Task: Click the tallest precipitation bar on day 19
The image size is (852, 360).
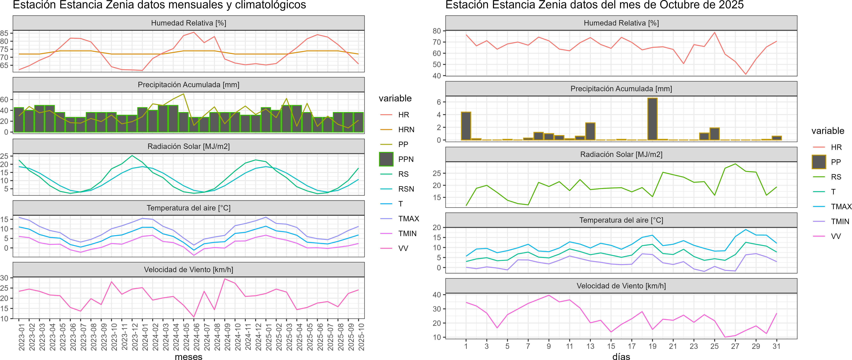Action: click(652, 119)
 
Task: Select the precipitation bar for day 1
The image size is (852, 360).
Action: click(466, 126)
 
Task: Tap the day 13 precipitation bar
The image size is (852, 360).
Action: click(590, 131)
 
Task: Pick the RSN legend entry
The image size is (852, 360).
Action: click(406, 189)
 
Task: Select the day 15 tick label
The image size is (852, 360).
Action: click(611, 346)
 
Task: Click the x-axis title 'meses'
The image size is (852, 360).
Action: click(189, 356)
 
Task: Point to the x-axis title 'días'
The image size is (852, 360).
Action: click(621, 356)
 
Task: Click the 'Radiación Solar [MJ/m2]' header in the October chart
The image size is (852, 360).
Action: click(621, 154)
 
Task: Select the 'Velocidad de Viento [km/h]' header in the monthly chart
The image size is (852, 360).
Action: click(189, 270)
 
